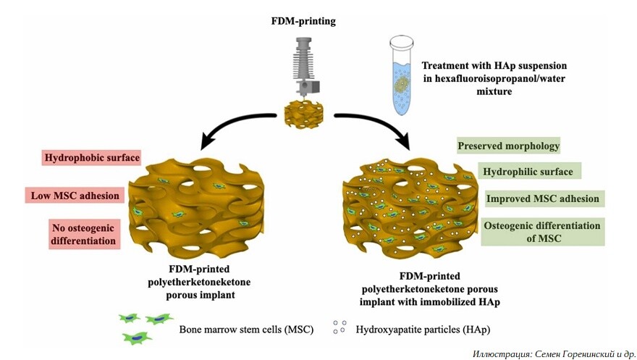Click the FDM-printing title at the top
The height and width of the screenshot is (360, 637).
pyautogui.click(x=303, y=22)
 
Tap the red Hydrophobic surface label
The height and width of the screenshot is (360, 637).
pyautogui.click(x=90, y=157)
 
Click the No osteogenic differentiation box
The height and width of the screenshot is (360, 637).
pyautogui.click(x=84, y=234)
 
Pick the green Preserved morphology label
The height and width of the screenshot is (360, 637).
pyautogui.click(x=509, y=146)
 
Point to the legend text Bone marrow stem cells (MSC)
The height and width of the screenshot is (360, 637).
pyautogui.click(x=247, y=330)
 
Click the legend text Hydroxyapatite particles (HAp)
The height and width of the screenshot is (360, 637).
pyautogui.click(x=423, y=330)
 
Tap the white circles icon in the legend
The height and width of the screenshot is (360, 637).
pyautogui.click(x=339, y=327)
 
